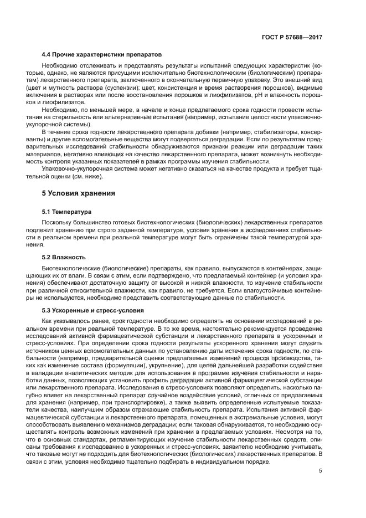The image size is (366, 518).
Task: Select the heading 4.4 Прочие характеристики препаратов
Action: pos(102,56)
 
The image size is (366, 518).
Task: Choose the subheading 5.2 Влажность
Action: pos(64,258)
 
